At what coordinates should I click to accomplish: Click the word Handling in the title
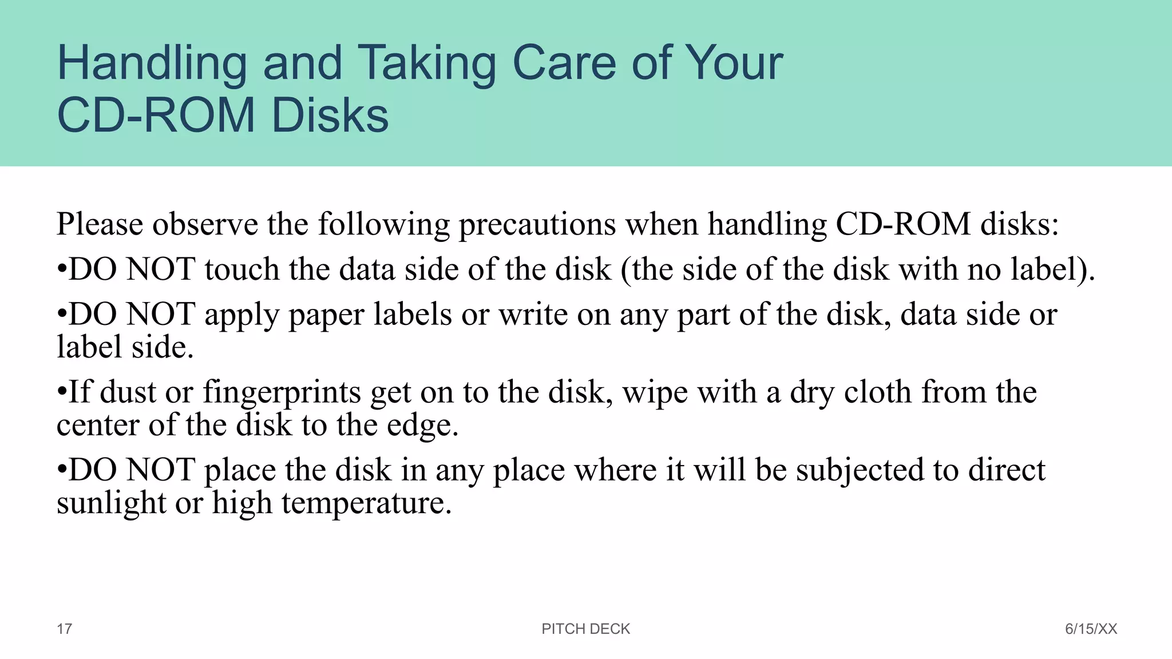152,64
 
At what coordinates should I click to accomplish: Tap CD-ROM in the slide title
156,116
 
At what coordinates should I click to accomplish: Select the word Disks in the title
330,116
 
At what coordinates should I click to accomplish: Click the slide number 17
64,629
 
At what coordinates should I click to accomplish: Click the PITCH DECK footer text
585,629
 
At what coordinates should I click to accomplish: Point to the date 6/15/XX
1091,629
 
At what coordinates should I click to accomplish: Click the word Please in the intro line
100,224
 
